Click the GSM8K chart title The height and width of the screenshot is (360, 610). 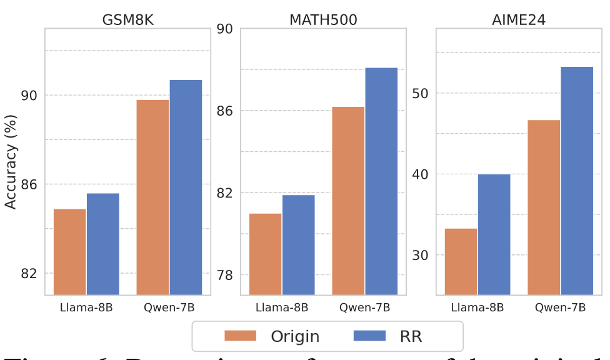127,19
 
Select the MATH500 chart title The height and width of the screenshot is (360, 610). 323,19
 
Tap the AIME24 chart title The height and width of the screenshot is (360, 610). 519,19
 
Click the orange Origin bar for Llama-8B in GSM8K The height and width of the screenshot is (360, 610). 70,251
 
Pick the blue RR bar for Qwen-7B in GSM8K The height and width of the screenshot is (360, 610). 186,187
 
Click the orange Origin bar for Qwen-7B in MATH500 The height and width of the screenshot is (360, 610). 348,200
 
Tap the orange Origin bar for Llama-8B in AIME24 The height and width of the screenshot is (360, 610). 461,261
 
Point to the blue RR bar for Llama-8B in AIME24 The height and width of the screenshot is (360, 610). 494,234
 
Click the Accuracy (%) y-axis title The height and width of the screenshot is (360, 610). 11,161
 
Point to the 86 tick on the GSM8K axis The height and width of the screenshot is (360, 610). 29,184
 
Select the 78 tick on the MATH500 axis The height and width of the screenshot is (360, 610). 224,275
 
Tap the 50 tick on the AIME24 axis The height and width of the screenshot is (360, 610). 420,93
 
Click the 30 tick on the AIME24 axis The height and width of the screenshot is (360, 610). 420,255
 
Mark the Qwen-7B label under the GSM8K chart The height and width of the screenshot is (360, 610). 169,307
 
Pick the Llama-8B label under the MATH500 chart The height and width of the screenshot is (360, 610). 282,307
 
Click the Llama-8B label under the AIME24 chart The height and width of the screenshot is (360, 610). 477,307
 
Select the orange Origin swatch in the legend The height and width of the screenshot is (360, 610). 240,336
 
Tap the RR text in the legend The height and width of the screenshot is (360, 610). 411,336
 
